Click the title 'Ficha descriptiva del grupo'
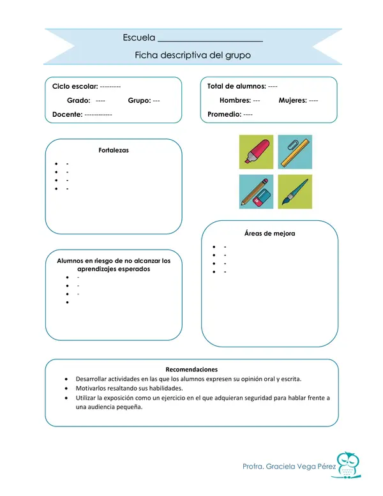click(x=192, y=56)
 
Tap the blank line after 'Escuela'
click(x=210, y=39)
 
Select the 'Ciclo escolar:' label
click(x=75, y=86)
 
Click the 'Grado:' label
click(x=79, y=100)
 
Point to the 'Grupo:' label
click(x=139, y=100)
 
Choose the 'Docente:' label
click(x=67, y=114)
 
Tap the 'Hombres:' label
click(x=235, y=100)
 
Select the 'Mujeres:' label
click(x=292, y=100)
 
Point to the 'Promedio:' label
click(x=224, y=114)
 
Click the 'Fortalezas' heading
click(x=114, y=151)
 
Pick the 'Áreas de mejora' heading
click(x=269, y=233)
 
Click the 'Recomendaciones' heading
click(x=191, y=369)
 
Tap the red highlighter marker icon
click(x=256, y=152)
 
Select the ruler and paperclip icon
click(x=295, y=152)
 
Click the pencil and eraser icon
click(x=256, y=192)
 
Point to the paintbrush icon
click(x=295, y=192)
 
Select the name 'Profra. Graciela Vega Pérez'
click(x=289, y=467)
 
